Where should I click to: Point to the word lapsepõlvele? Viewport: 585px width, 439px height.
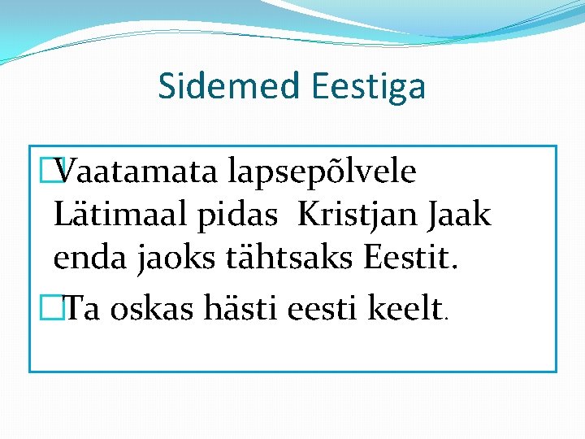point(323,173)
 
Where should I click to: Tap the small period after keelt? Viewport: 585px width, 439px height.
point(444,319)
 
